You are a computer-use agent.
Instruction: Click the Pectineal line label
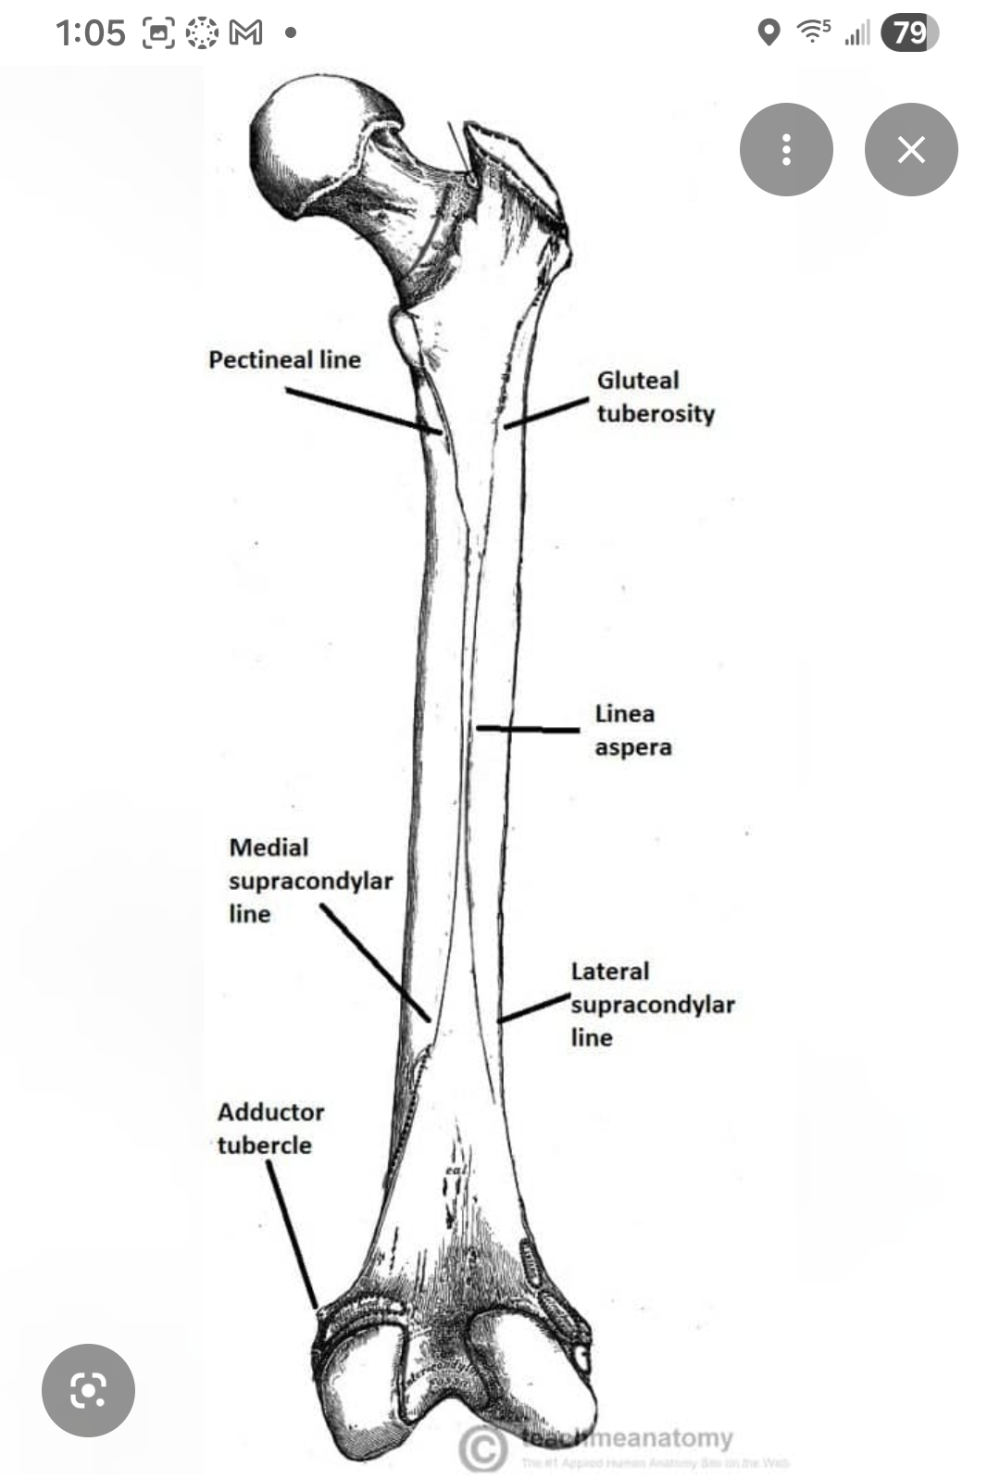[284, 359]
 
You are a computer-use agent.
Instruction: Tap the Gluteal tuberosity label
[655, 396]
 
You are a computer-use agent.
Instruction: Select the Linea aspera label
[632, 730]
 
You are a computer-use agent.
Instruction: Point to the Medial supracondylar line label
[310, 880]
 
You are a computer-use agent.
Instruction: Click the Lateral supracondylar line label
[652, 1004]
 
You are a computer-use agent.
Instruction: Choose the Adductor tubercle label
[270, 1128]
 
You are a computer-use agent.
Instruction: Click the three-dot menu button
[786, 149]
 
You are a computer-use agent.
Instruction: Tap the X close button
[911, 149]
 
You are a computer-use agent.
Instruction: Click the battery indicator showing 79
[909, 33]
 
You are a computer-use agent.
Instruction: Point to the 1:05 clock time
[90, 33]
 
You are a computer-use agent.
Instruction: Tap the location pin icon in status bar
[768, 33]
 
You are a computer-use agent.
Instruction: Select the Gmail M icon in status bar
[245, 33]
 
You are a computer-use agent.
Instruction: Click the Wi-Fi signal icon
[813, 31]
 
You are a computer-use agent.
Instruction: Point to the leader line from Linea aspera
[528, 730]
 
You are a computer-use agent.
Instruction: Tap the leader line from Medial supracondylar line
[375, 963]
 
